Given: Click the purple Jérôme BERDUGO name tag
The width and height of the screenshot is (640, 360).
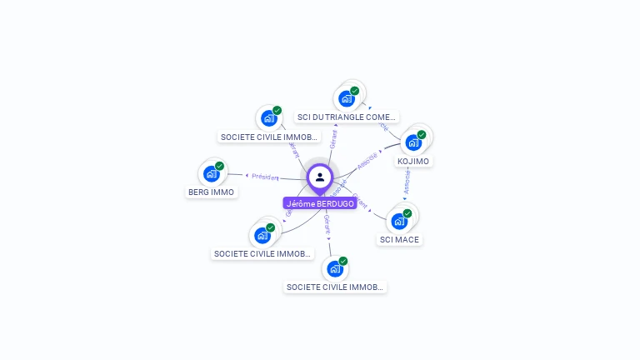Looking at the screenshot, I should click(x=320, y=203).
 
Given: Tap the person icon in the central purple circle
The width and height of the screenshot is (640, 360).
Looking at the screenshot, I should click(x=320, y=177).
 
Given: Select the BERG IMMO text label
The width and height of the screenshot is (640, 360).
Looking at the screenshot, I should click(x=211, y=192).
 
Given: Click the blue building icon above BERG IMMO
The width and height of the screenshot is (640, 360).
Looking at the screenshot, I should click(x=211, y=174).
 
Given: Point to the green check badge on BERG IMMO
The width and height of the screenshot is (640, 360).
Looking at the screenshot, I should click(x=219, y=166).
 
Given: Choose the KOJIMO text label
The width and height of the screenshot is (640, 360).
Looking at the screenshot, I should click(x=413, y=161).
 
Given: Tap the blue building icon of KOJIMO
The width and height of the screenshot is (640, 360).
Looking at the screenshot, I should click(x=413, y=142).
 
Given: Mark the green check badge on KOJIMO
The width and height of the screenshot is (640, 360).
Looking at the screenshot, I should click(x=422, y=135).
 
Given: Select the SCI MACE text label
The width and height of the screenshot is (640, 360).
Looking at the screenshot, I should click(x=400, y=239).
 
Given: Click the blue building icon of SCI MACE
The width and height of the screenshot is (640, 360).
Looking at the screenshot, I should click(x=399, y=221).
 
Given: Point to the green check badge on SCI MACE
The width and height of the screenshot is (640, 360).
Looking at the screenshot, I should click(x=407, y=213).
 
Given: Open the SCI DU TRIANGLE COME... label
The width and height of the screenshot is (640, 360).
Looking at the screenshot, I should click(x=347, y=117).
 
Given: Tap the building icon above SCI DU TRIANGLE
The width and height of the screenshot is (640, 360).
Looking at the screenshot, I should click(x=347, y=98).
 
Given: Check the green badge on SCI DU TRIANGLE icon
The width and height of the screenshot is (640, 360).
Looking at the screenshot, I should click(x=355, y=91).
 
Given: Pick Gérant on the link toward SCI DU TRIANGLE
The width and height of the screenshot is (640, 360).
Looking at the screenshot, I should click(x=333, y=139).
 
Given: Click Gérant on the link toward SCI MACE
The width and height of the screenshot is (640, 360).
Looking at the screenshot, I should click(x=360, y=202).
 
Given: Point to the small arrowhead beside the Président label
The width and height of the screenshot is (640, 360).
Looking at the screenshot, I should click(x=247, y=175).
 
